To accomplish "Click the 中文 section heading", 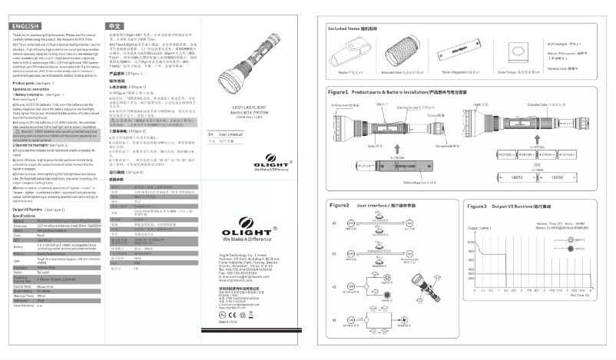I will (x=113, y=26).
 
